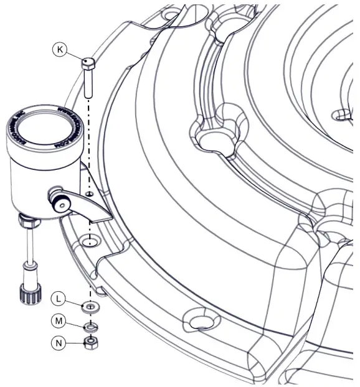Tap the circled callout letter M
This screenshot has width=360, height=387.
coord(57,321)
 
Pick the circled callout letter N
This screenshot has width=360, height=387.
coord(57,342)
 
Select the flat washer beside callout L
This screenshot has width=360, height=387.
coord(91,307)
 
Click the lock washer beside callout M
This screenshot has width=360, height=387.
coord(91,325)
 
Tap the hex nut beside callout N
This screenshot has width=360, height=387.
coord(90,343)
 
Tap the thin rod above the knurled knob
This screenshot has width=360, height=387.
coord(29,246)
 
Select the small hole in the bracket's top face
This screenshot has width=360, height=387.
coord(91,195)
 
